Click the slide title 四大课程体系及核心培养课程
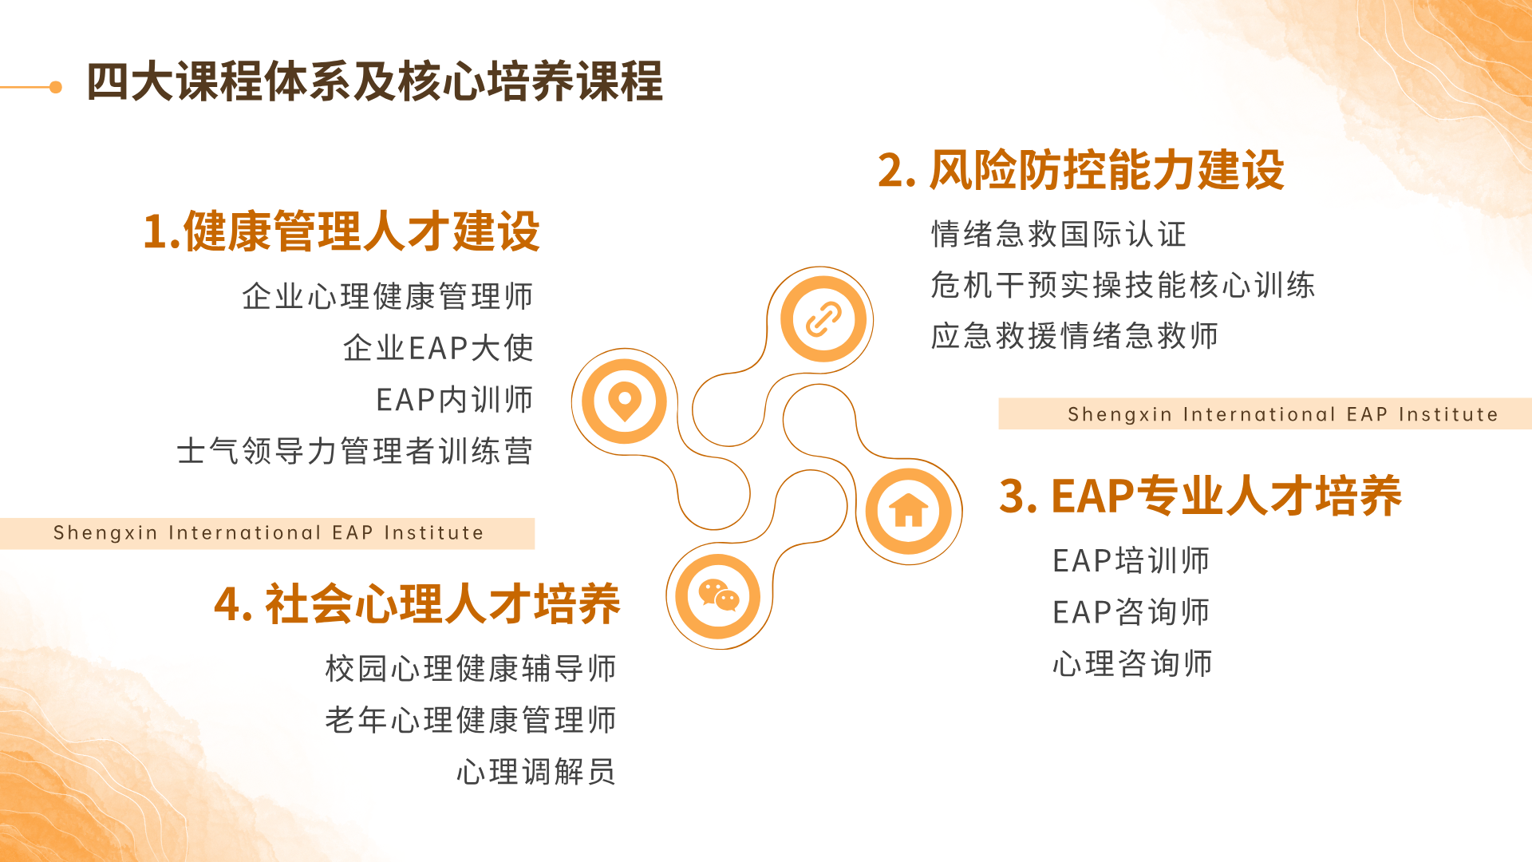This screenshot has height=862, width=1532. coord(374,81)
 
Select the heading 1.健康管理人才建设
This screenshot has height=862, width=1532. coord(342,231)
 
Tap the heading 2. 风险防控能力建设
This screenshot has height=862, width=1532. coord(1081,170)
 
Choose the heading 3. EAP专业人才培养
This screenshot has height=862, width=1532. coord(1200,496)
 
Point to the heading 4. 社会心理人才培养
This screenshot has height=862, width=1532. coord(417,603)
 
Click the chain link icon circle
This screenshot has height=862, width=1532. coord(823,319)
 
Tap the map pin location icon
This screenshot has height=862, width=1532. coord(625,401)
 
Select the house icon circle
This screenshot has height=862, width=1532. coord(909,511)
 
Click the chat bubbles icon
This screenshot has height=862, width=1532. coord(718,596)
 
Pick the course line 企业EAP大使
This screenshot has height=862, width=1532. coord(438,348)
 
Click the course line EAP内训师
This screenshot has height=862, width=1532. coord(455,400)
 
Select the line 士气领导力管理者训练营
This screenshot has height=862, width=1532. coord(355,452)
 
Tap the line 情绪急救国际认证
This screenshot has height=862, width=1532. coord(1059,235)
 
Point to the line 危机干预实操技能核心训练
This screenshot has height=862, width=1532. coord(1123,285)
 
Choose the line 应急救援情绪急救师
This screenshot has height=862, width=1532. coord(1075,336)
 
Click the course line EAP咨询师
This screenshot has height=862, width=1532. coord(1131,612)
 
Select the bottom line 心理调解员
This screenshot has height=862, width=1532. coord(536,772)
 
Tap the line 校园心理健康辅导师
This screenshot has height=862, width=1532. coord(471,669)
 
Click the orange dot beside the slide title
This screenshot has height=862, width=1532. coord(56,87)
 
